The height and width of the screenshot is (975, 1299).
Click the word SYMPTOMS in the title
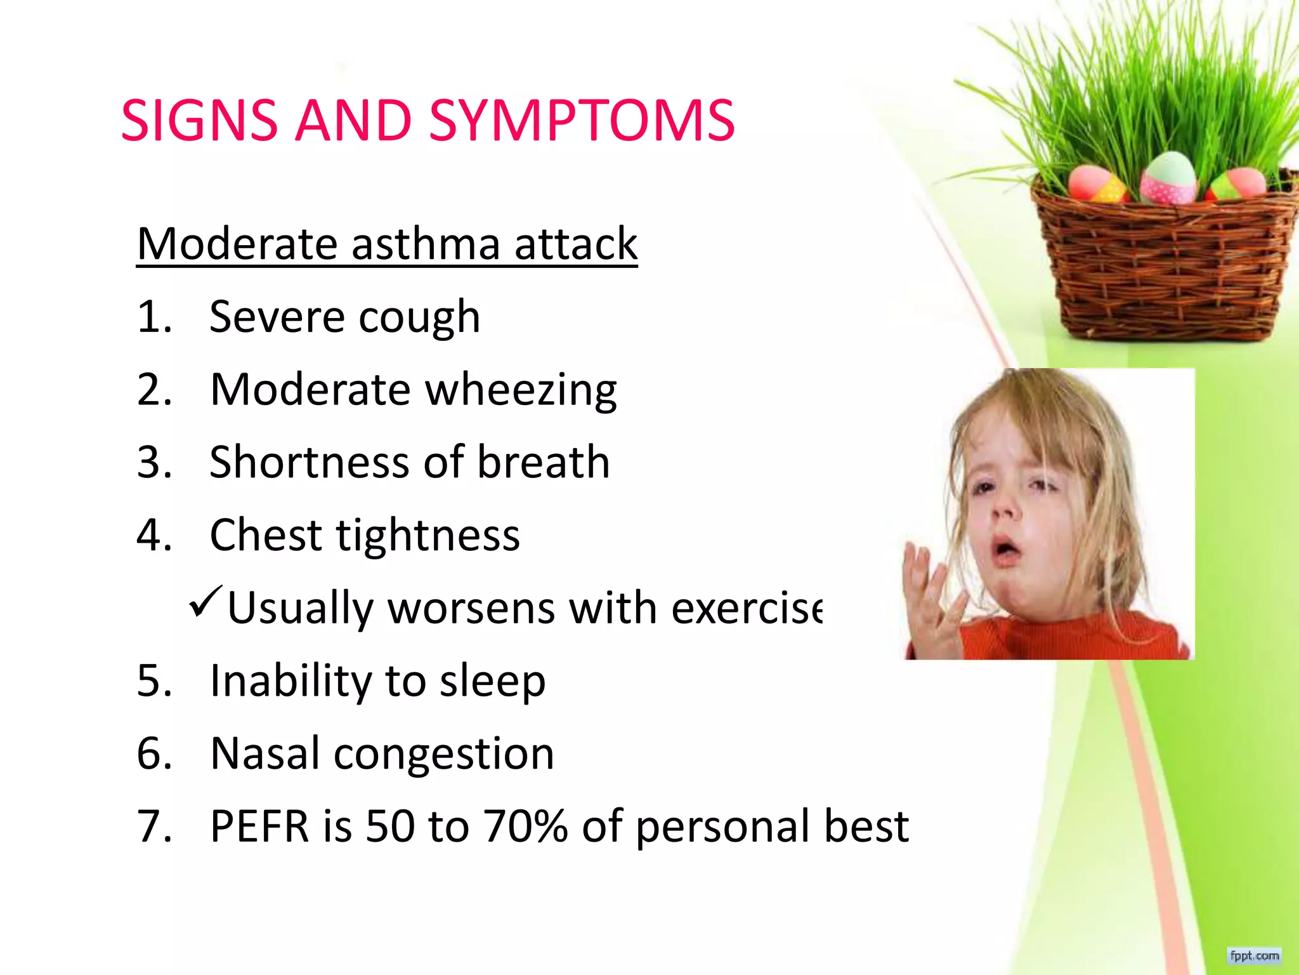tap(581, 121)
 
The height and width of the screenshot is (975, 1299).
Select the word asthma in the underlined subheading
tap(425, 244)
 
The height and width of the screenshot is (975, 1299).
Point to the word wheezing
tap(520, 390)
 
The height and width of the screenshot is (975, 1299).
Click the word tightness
tap(428, 535)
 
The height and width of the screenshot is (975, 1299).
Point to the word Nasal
tap(265, 753)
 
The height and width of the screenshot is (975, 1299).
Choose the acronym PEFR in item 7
tap(259, 826)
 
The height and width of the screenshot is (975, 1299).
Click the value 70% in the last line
tap(526, 826)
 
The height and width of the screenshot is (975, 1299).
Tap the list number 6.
tap(154, 753)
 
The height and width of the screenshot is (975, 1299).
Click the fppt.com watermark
tap(1254, 955)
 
